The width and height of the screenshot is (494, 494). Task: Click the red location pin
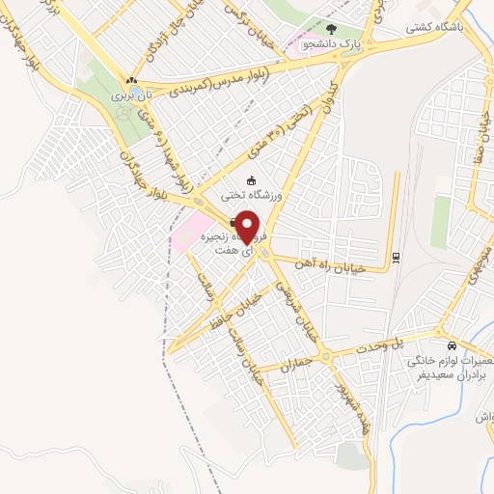249,226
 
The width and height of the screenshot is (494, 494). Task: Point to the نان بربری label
132,97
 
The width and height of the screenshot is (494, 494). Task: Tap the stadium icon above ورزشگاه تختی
252,180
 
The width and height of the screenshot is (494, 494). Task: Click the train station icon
396,256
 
